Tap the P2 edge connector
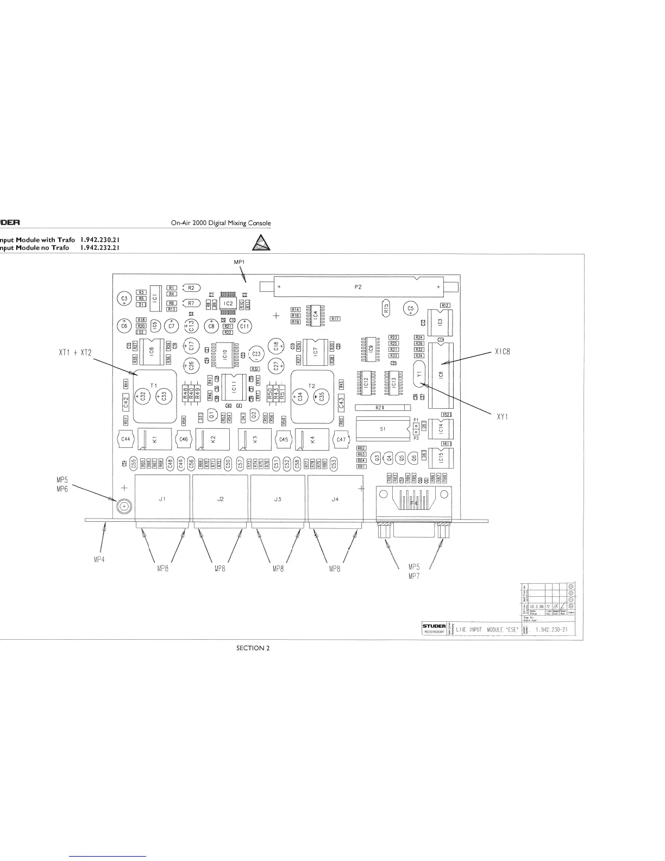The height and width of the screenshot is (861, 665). pos(358,287)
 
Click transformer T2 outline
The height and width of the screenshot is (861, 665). pos(312,396)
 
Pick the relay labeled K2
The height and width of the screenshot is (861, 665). pos(212,439)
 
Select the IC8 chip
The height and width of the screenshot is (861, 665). pos(441,375)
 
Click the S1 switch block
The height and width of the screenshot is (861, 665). pos(382,429)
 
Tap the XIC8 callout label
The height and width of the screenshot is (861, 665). pos(503,352)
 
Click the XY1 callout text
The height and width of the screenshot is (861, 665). pos(503,417)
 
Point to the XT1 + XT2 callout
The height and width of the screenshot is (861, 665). pos(76,353)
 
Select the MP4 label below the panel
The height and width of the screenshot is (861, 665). pos(100,560)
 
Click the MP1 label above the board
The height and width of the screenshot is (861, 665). pos(240,262)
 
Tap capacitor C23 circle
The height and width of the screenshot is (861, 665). pos(256,354)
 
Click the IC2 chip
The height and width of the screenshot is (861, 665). pos(228,303)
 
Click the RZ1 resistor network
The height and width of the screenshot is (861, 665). pos(380,407)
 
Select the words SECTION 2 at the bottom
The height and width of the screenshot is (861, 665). pos(253,647)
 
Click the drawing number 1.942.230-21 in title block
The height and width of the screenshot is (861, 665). pos(551,629)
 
